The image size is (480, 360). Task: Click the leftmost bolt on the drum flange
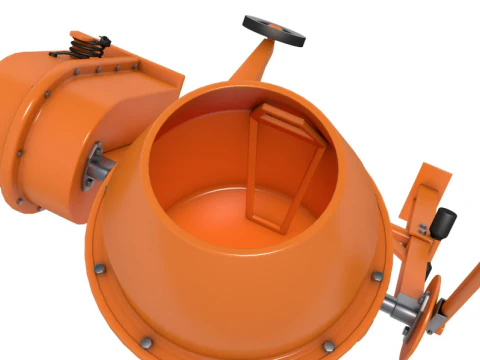coord(100,270)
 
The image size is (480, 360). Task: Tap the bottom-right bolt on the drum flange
coord(326,344)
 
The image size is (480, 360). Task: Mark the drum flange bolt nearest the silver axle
coord(376,276)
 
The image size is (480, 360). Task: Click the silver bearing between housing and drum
coord(97,164)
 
